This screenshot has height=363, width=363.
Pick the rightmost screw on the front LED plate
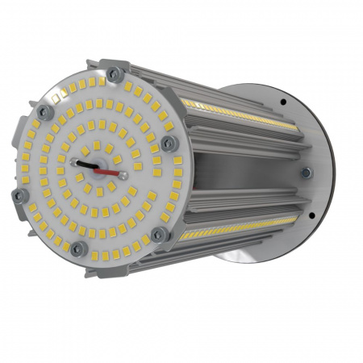point(168,143)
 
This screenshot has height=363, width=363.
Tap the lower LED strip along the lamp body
point(234,231)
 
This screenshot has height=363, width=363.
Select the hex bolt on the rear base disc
point(306,172)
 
